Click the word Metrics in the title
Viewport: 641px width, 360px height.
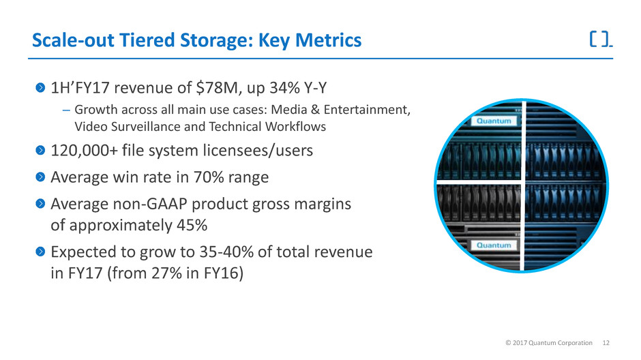[x=328, y=40]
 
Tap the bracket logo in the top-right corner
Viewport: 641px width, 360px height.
[x=601, y=40]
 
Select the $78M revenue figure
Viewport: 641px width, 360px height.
[x=217, y=88]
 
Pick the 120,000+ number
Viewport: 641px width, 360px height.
[x=84, y=151]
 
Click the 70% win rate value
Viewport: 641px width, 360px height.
[x=209, y=177]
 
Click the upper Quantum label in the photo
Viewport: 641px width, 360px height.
[x=494, y=121]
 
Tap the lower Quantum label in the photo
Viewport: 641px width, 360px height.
[x=494, y=245]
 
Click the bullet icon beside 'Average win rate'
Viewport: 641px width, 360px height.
[x=40, y=177]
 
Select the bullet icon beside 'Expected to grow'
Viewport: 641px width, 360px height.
[x=40, y=252]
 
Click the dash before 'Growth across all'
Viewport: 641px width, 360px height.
[x=66, y=110]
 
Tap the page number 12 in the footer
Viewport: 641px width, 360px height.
[x=606, y=343]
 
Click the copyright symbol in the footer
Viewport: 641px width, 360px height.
[x=508, y=343]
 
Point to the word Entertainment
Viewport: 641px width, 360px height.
[x=367, y=110]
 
